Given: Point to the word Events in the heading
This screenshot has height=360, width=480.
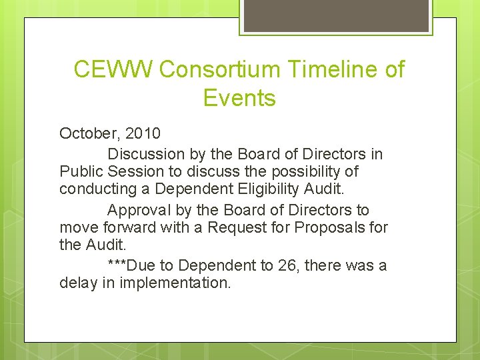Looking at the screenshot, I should (x=239, y=99).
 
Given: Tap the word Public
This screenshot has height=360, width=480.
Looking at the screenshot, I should (x=79, y=171).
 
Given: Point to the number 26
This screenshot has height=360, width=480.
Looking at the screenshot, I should (x=289, y=265).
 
